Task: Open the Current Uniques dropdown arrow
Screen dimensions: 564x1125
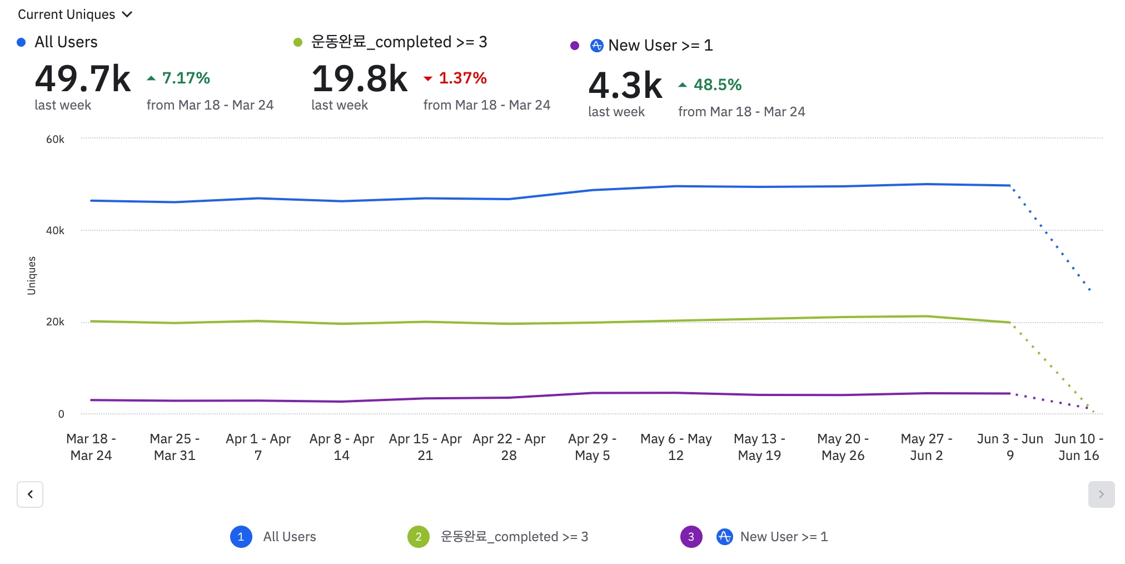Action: [x=127, y=14]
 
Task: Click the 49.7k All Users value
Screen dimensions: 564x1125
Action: [x=83, y=79]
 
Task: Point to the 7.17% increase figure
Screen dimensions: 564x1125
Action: [x=186, y=78]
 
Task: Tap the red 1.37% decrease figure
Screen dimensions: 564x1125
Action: [x=462, y=78]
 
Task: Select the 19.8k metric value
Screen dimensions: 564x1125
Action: [x=360, y=79]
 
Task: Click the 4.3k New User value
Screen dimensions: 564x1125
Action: [x=625, y=86]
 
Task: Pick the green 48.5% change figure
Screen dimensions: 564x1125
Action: [x=717, y=85]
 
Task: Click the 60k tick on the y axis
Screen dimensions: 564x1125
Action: [x=55, y=139]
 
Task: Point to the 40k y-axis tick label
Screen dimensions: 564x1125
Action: [x=55, y=230]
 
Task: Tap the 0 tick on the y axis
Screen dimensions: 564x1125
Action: [x=61, y=414]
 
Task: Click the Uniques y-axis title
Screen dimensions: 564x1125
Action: [x=32, y=275]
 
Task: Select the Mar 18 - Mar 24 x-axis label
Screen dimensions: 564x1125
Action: [x=91, y=447]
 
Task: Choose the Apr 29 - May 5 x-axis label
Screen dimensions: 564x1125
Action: [x=592, y=447]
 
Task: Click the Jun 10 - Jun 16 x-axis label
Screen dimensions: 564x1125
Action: [x=1078, y=447]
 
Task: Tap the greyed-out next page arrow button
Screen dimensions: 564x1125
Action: [x=1101, y=494]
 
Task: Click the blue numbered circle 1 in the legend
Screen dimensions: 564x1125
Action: [x=241, y=537]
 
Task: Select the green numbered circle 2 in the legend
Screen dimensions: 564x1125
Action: [x=419, y=537]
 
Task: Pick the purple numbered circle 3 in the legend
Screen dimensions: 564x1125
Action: [x=691, y=537]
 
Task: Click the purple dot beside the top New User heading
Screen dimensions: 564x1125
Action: [x=575, y=46]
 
